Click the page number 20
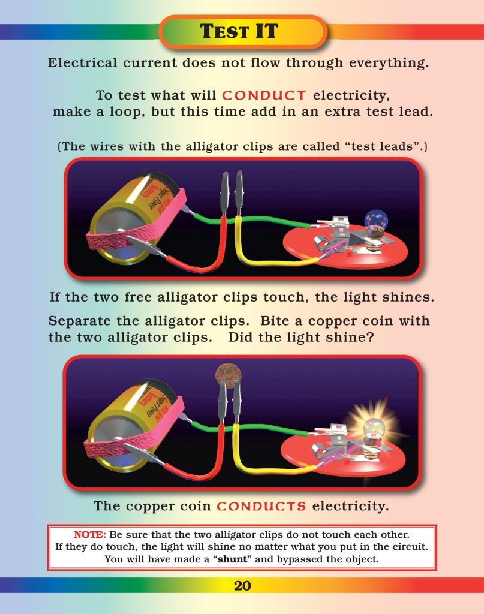[242, 586]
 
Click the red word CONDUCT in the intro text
[264, 95]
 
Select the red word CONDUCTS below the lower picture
[261, 507]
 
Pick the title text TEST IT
[242, 32]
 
